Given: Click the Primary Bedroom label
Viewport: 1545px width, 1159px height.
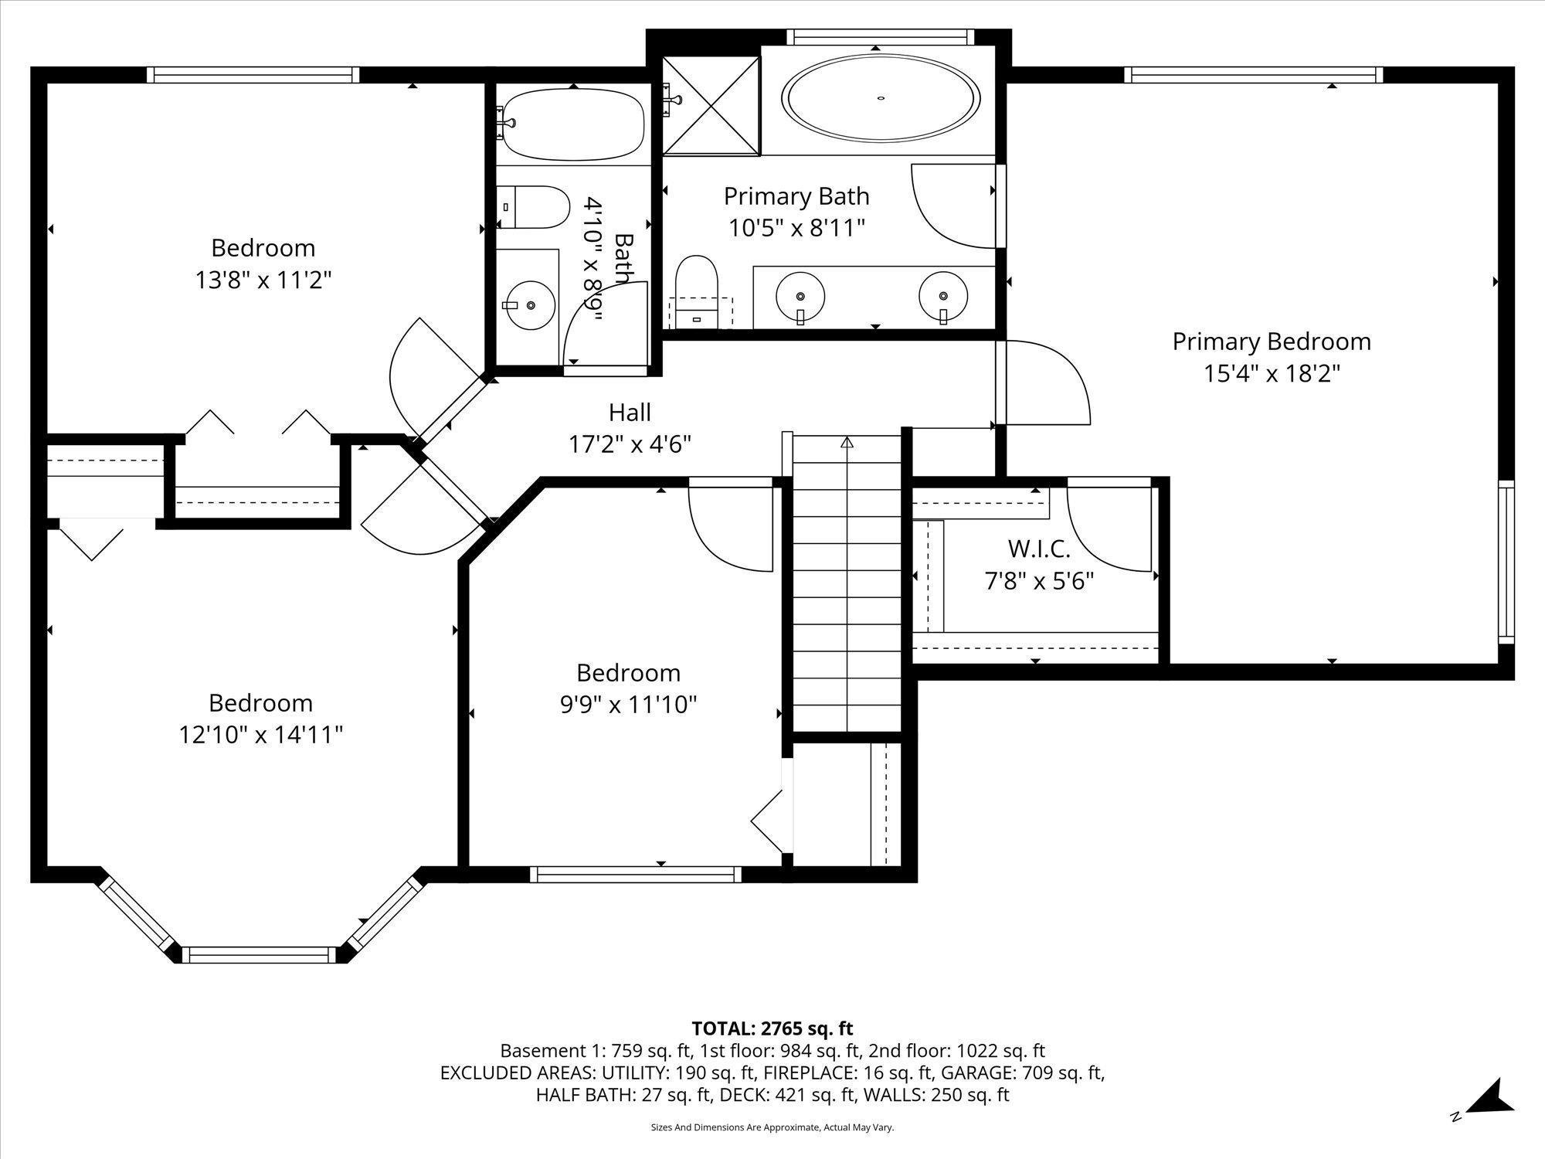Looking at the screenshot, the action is click(x=1272, y=342).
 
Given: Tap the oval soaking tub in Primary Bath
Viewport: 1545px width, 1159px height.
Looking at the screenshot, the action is click(x=881, y=98).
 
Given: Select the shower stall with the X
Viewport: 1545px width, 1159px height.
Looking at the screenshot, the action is click(x=711, y=105).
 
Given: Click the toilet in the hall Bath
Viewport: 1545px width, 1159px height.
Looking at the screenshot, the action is click(x=532, y=207).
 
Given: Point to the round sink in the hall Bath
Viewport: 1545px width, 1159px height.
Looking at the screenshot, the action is click(x=531, y=305).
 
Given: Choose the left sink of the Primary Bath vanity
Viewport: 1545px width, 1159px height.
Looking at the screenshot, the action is click(x=800, y=296).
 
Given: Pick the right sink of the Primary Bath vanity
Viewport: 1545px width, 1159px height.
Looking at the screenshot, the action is click(x=943, y=296).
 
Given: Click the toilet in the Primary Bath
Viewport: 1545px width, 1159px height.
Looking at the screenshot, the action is click(x=697, y=292).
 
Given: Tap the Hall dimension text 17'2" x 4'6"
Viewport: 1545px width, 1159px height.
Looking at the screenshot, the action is click(x=630, y=444).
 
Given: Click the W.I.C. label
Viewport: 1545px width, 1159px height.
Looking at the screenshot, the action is click(x=1039, y=549).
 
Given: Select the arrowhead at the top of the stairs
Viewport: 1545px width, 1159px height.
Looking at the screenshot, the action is click(x=847, y=443).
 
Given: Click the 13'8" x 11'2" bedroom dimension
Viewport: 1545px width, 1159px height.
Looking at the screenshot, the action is click(x=263, y=280).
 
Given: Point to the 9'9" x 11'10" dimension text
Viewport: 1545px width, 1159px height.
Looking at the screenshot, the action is click(x=629, y=705).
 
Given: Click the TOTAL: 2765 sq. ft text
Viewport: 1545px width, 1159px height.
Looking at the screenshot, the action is click(x=772, y=1028).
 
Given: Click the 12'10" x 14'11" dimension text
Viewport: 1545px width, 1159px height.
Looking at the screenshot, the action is click(x=261, y=735).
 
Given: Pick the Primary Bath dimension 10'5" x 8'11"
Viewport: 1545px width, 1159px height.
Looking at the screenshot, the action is click(x=796, y=229).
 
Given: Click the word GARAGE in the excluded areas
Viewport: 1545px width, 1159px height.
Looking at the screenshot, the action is click(x=984, y=1073).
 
